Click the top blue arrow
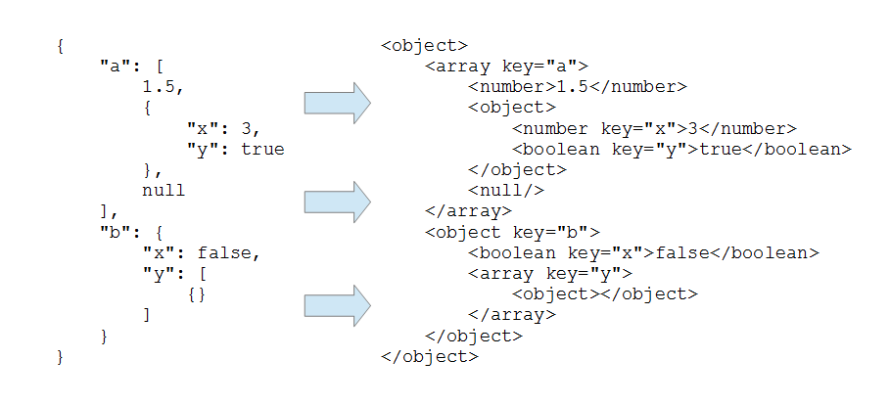point(337,103)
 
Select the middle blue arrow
point(337,202)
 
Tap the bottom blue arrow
point(337,305)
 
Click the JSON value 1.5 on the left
point(163,86)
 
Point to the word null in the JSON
point(163,190)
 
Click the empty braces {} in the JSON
point(196,293)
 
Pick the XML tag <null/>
point(505,190)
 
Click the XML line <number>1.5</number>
point(577,86)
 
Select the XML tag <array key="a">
point(505,66)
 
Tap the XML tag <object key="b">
point(511,232)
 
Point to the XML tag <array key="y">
point(549,273)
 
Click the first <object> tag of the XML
point(424,45)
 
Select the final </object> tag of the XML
point(429,356)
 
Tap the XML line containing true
point(680,149)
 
